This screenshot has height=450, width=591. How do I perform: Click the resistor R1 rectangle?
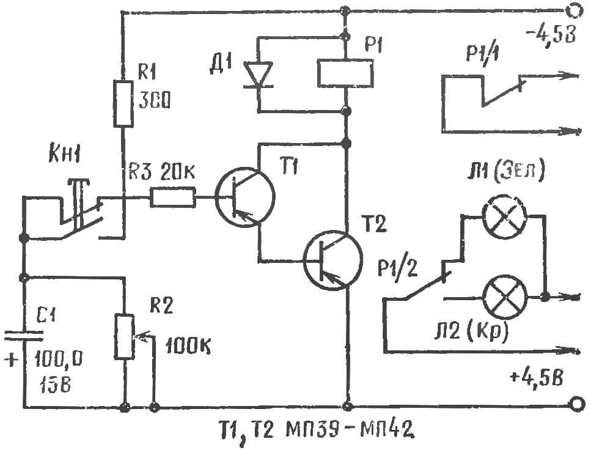123,104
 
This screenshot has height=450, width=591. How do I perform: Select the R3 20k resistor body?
173,197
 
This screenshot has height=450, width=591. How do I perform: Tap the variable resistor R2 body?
124,336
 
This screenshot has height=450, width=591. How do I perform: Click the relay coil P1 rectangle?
345,73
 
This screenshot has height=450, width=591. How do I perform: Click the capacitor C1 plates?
23,336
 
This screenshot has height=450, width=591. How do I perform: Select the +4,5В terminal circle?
576,404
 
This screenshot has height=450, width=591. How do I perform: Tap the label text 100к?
188,345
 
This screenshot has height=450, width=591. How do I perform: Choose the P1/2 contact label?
398,268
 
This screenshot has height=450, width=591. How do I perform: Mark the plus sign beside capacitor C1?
12,360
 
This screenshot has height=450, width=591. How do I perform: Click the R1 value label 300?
154,101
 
